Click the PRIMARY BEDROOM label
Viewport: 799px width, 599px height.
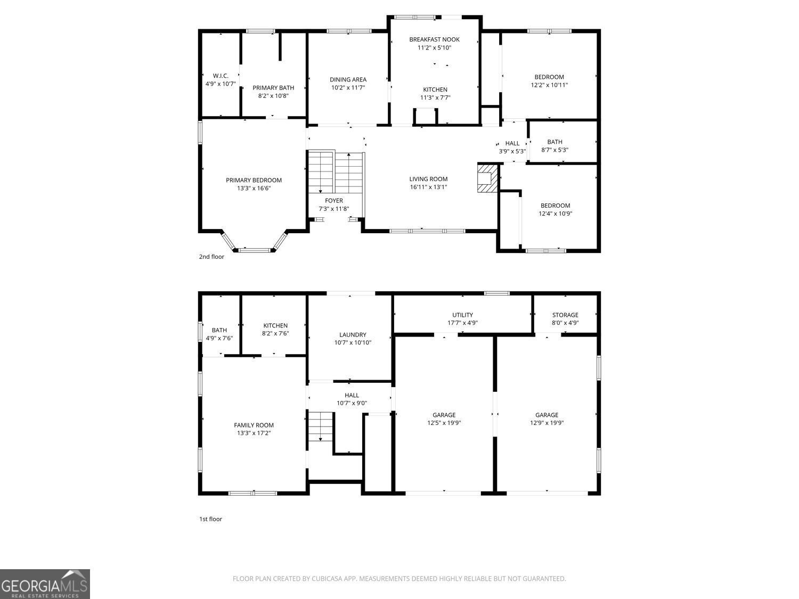click(254, 180)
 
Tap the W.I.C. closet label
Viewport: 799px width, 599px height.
click(221, 76)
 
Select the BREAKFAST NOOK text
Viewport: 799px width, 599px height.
click(434, 39)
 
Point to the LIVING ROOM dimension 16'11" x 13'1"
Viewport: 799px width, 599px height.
click(428, 187)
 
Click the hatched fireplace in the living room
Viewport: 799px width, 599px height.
click(487, 178)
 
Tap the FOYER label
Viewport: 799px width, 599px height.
click(334, 200)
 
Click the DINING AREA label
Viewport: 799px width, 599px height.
click(348, 79)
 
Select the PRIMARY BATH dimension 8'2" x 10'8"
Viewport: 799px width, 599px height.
click(273, 96)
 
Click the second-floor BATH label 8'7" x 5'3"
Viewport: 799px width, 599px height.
click(555, 142)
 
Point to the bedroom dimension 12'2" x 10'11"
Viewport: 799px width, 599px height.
click(549, 85)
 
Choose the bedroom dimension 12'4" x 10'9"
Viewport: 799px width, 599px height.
click(556, 214)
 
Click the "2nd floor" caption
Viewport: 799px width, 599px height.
click(211, 257)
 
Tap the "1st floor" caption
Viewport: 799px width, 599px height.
click(210, 519)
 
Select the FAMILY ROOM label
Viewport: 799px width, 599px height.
click(254, 425)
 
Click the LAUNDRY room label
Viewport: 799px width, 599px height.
click(353, 334)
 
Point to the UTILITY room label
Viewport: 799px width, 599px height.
click(463, 315)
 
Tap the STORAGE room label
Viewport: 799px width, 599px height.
click(565, 315)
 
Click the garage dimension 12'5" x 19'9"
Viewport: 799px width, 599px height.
click(444, 423)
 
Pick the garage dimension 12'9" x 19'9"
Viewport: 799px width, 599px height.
click(547, 423)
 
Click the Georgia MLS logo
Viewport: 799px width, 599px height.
click(45, 584)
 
